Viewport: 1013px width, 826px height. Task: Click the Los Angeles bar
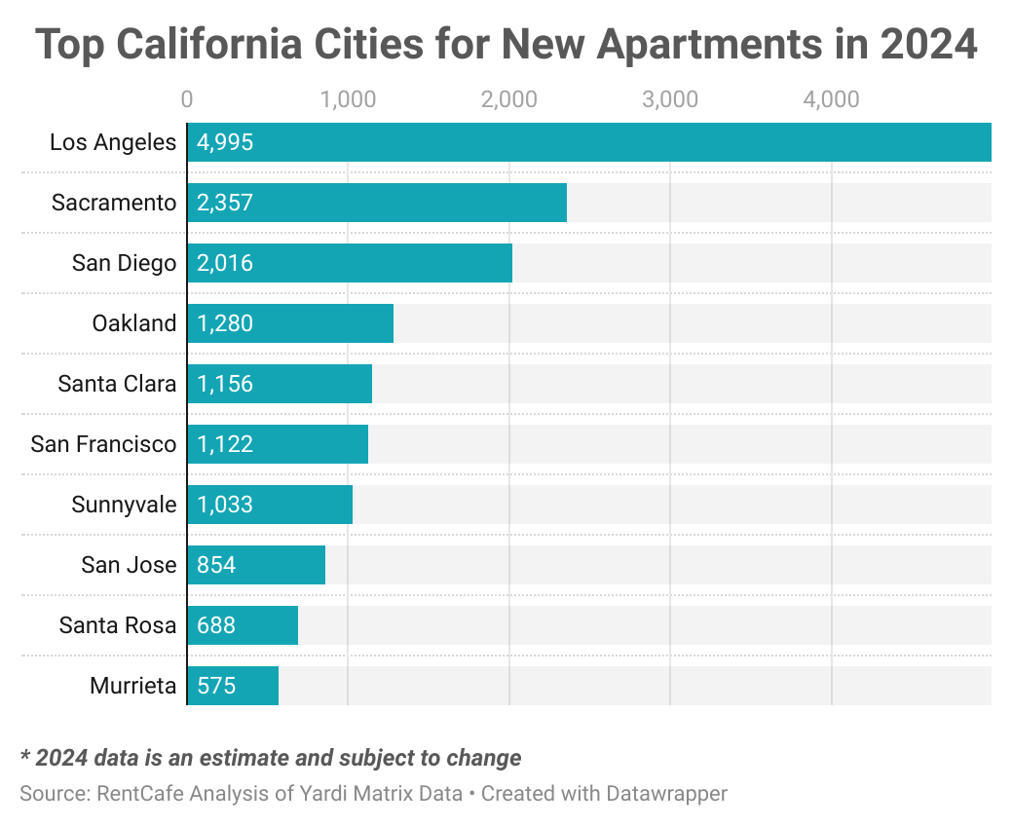pyautogui.click(x=589, y=142)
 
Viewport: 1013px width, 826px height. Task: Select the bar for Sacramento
pyautogui.click(x=377, y=203)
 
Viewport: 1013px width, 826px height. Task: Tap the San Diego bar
pyautogui.click(x=350, y=263)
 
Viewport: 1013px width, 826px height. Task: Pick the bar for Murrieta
pyautogui.click(x=233, y=686)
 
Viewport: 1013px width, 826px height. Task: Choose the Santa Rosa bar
pyautogui.click(x=243, y=625)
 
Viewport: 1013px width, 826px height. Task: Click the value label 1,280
pyautogui.click(x=225, y=323)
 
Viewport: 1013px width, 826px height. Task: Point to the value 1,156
pyautogui.click(x=225, y=384)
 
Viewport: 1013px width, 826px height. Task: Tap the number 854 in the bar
pyautogui.click(x=216, y=565)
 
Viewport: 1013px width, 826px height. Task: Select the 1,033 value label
pyautogui.click(x=225, y=505)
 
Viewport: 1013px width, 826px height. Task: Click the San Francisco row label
pyautogui.click(x=103, y=444)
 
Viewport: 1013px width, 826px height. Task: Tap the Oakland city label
pyautogui.click(x=134, y=323)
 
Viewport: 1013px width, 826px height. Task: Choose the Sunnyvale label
pyautogui.click(x=124, y=505)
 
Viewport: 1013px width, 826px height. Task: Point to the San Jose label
pyautogui.click(x=130, y=565)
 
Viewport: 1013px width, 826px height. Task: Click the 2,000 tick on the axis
pyautogui.click(x=509, y=99)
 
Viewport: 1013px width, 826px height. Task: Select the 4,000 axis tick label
pyautogui.click(x=832, y=99)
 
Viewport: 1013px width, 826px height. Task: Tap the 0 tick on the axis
pyautogui.click(x=187, y=99)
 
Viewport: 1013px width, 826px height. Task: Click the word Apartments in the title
pyautogui.click(x=710, y=45)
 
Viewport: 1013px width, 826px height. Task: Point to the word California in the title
pyautogui.click(x=209, y=44)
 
